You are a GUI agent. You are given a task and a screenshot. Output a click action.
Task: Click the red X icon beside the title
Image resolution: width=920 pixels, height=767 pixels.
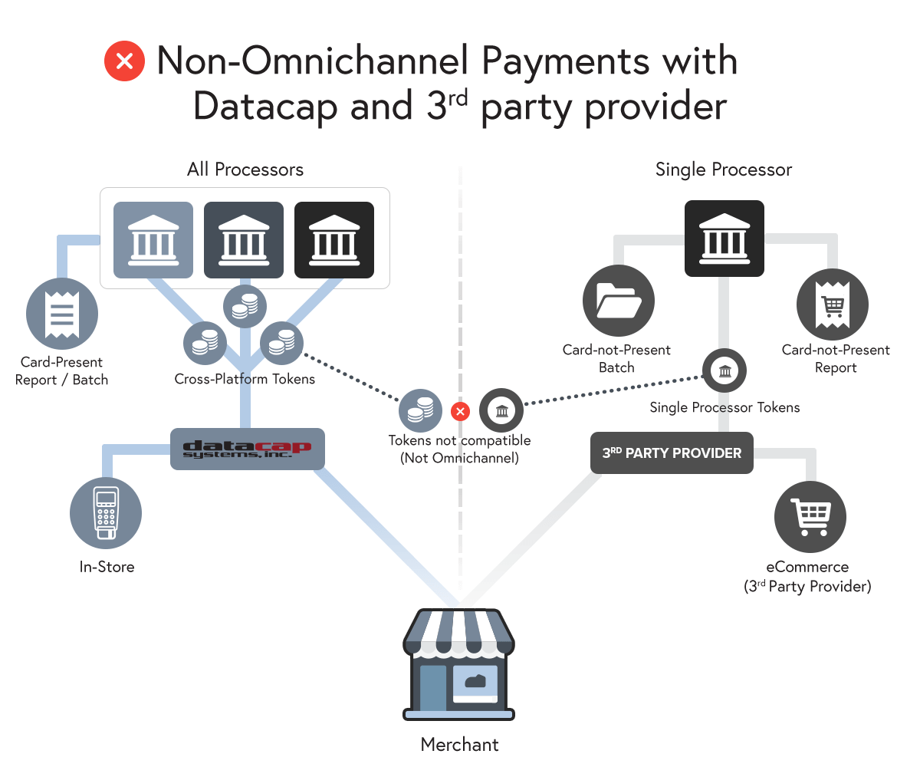[124, 61]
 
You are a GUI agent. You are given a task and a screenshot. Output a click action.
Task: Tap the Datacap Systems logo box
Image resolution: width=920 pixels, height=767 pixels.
[248, 449]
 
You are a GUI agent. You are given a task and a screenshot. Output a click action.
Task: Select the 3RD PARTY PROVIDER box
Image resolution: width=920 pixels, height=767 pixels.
[672, 453]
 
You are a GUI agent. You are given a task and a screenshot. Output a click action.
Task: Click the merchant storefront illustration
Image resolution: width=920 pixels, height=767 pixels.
[459, 663]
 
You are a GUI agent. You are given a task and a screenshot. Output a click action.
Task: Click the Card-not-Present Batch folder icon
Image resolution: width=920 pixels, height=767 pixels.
[618, 301]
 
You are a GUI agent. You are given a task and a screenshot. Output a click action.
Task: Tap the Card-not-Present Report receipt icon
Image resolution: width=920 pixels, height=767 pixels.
[833, 304]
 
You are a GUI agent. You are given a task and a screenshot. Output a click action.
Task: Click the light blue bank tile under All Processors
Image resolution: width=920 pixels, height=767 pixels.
[153, 239]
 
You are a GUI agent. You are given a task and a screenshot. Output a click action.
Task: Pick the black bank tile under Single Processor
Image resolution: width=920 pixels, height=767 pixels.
[724, 239]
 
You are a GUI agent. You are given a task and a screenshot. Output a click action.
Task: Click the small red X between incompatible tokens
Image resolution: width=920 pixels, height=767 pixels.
[460, 412]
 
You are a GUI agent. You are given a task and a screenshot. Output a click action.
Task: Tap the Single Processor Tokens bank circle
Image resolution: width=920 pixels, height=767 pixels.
[724, 372]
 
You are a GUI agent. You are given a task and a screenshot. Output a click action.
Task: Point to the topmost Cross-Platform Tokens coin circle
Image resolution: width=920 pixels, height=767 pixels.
[245, 305]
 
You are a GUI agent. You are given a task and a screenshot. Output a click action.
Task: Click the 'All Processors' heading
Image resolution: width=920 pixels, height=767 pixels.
[245, 170]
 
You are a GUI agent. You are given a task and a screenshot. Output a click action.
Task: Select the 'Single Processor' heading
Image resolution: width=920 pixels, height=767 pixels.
[724, 170]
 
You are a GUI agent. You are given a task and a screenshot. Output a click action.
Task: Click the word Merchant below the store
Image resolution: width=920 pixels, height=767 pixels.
[459, 744]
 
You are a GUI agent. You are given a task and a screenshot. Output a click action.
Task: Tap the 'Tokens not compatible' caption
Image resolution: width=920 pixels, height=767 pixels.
[459, 441]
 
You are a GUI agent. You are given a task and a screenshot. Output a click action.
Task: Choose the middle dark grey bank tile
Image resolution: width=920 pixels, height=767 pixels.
[244, 239]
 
